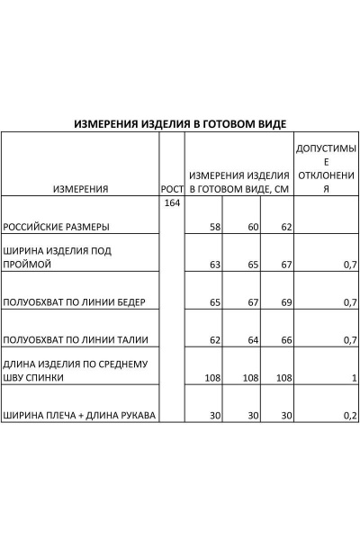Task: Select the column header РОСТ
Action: click(x=172, y=189)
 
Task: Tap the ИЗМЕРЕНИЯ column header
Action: click(x=81, y=189)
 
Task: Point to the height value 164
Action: click(x=172, y=203)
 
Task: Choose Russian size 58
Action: click(x=214, y=228)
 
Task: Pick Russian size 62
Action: click(x=285, y=228)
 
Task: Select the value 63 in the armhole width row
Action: click(x=214, y=265)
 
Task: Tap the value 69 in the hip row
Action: click(x=285, y=302)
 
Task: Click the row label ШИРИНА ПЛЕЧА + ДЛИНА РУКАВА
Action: click(x=80, y=416)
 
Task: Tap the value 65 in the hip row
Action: click(x=214, y=302)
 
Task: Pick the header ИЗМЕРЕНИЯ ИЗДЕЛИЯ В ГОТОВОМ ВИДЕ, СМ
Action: click(x=238, y=182)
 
